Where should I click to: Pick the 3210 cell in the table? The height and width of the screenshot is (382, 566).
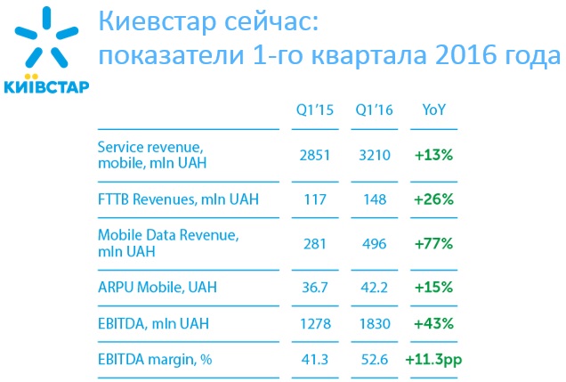375,154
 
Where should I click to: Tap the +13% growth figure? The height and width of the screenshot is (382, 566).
434,154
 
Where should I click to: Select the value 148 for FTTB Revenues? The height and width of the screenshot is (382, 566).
375,199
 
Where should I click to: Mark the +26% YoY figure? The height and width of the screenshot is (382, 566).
434,199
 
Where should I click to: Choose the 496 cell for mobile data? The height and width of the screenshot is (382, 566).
375,243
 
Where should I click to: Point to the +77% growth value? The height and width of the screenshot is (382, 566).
434,243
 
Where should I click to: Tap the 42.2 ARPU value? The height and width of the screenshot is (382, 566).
375,288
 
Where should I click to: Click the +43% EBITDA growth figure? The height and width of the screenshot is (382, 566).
434,325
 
